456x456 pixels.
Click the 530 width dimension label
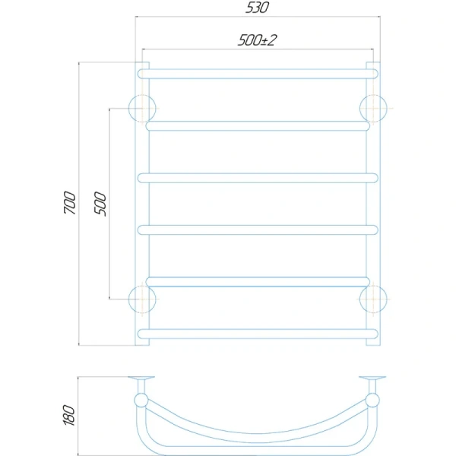click(x=257, y=8)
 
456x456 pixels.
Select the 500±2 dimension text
click(x=257, y=40)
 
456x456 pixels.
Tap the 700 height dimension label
click(x=70, y=203)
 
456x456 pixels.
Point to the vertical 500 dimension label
click(x=100, y=204)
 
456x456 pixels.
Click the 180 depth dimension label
click(x=69, y=415)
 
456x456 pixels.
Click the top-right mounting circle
click(x=359, y=108)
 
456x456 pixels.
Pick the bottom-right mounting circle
click(x=359, y=299)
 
